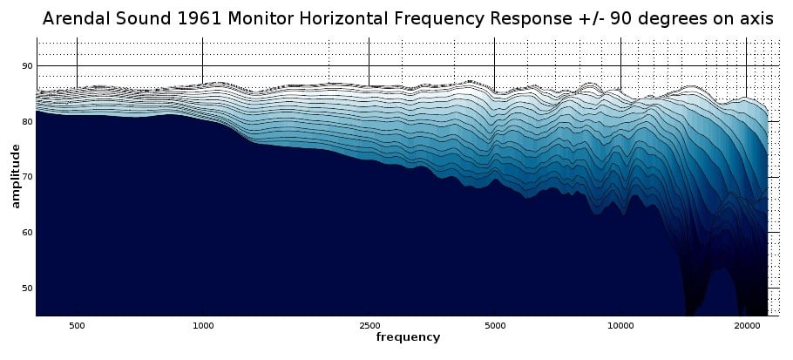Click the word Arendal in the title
point(78,17)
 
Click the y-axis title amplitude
point(15,177)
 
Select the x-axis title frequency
point(408,336)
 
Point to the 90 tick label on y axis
point(27,66)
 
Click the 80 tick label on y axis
point(27,121)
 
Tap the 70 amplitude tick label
point(27,177)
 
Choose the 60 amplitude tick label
point(27,233)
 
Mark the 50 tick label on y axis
point(27,288)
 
